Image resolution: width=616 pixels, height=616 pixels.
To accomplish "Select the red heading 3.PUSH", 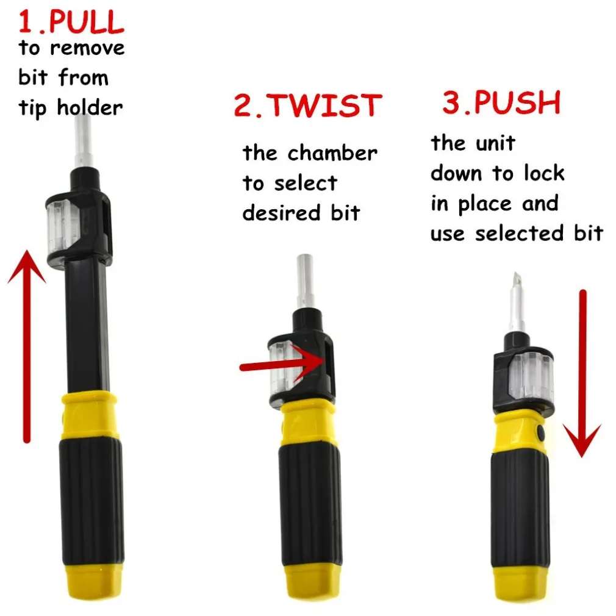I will click(x=501, y=102).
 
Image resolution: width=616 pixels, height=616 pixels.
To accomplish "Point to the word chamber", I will click(x=332, y=152).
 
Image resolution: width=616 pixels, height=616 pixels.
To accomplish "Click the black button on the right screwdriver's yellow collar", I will click(x=540, y=433).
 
